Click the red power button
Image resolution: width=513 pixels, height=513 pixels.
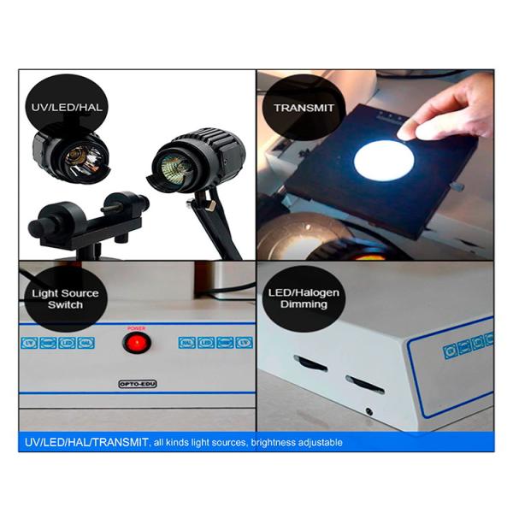pos(134,344)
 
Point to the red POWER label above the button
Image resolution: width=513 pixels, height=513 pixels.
pos(135,327)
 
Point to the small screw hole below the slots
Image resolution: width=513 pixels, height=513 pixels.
pos(369,411)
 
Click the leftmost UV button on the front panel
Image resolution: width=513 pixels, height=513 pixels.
pos(28,344)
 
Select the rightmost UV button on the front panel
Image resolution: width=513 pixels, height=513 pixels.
pos(245,344)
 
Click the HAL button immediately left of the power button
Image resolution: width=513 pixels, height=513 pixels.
pos(85,344)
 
